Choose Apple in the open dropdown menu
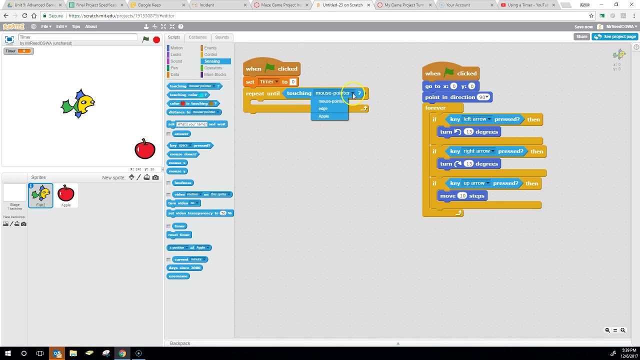coord(324,116)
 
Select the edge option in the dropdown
coord(323,108)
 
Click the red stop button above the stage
coord(156,39)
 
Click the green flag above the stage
coord(145,39)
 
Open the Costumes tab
coord(197,37)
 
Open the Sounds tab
coord(222,37)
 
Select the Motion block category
coord(176,48)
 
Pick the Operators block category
coord(212,68)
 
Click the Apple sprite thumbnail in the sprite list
coord(65,195)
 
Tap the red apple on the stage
coord(145,149)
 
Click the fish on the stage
coord(78,103)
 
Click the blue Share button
coord(581,36)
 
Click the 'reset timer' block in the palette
coord(179,234)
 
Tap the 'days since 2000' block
coord(184,267)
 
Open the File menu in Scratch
coord(45,26)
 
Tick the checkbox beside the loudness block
coord(168,183)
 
